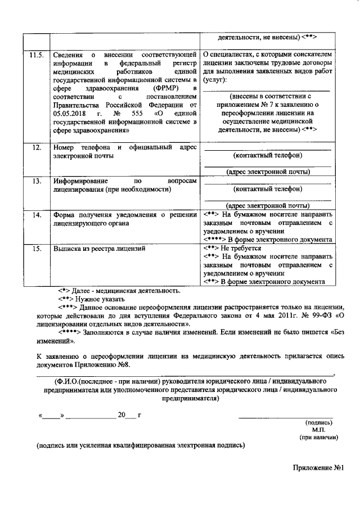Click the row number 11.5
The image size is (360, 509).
pyautogui.click(x=35, y=55)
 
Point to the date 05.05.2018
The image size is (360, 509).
pyautogui.click(x=69, y=113)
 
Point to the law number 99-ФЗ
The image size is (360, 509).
pyautogui.click(x=309, y=316)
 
